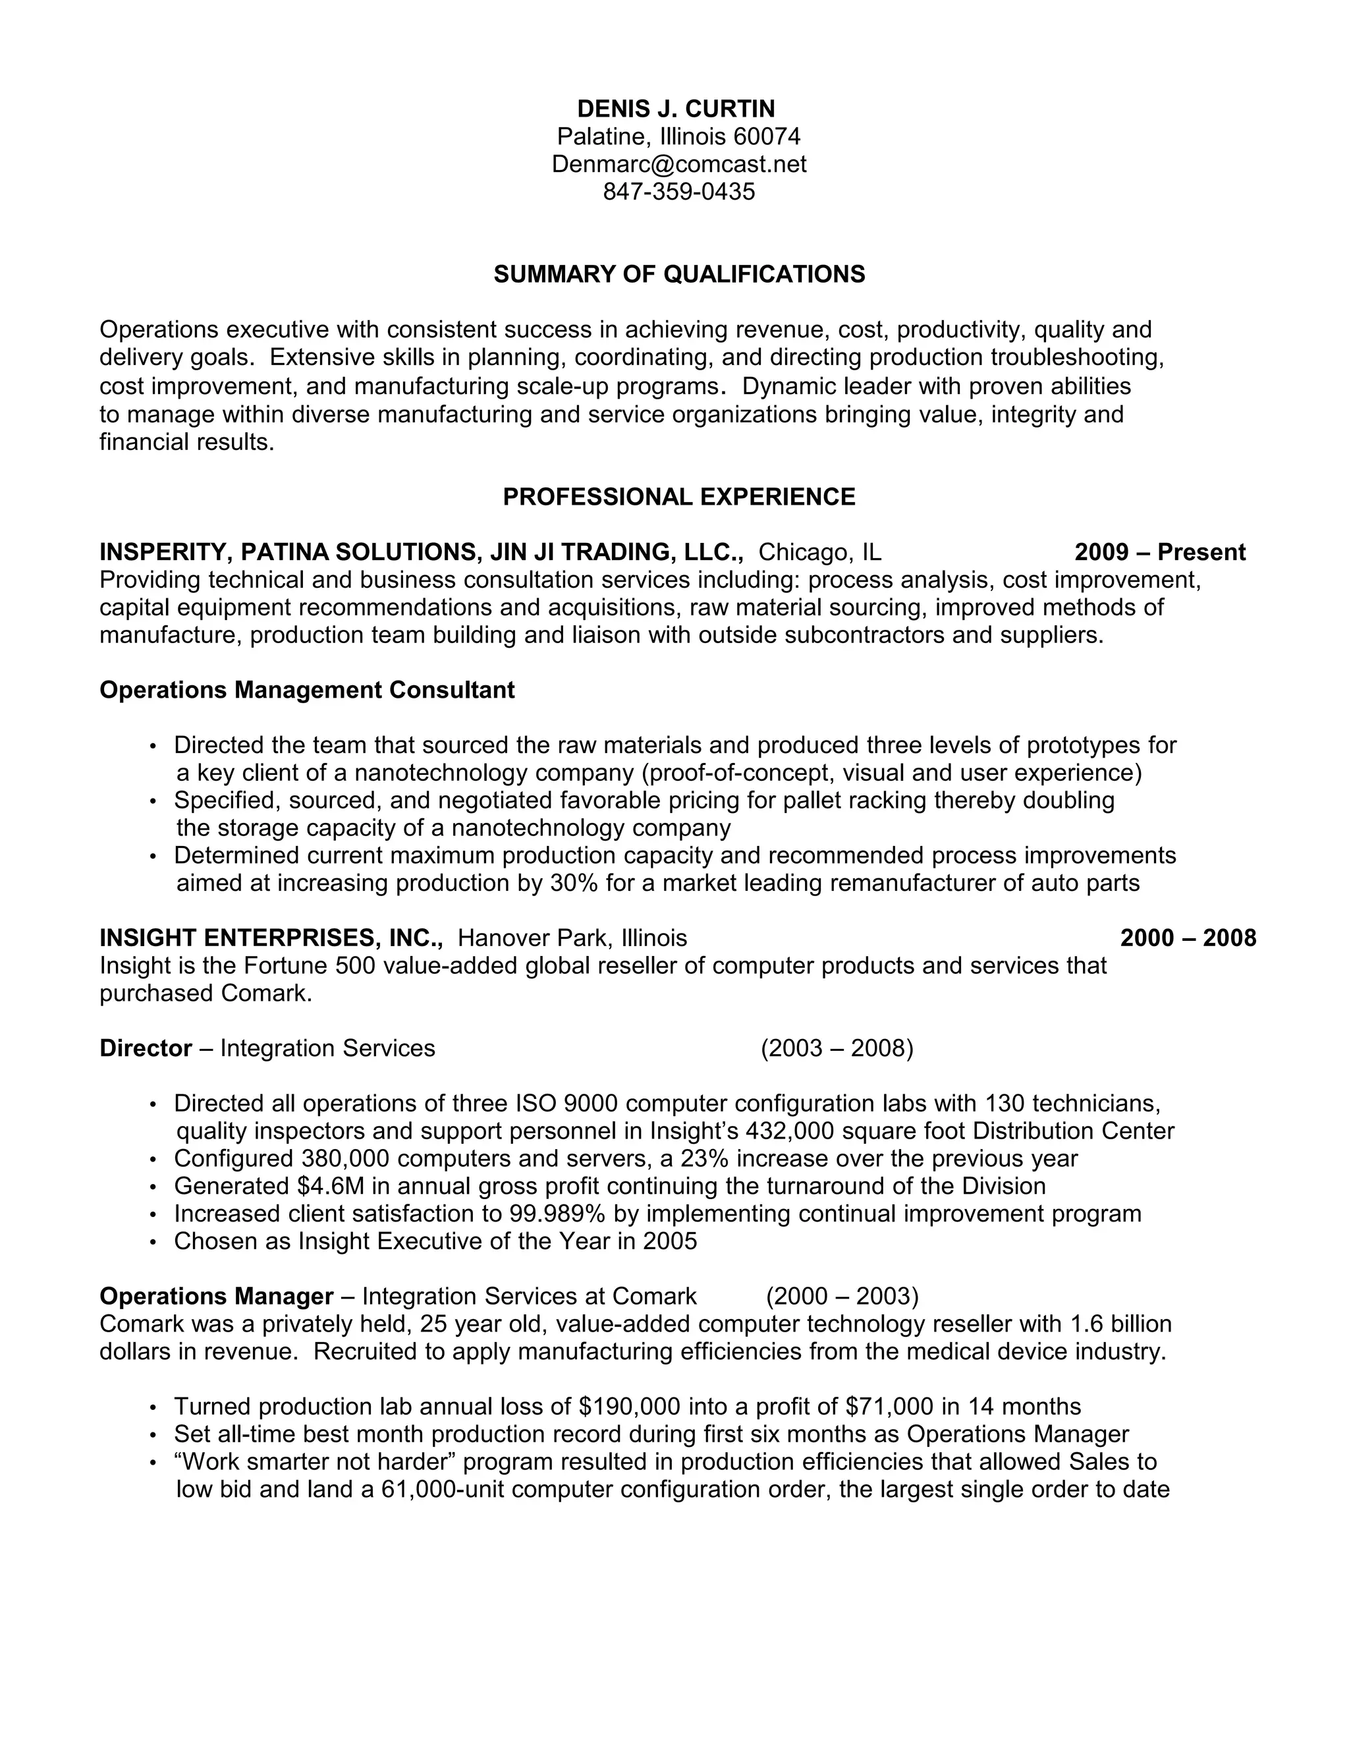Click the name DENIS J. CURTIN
(x=676, y=109)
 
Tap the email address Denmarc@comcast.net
(x=678, y=164)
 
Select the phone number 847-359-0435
(x=678, y=192)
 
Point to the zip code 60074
(x=767, y=136)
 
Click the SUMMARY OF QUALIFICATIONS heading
(x=678, y=274)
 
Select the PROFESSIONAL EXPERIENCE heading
(x=678, y=497)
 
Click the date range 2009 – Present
(x=1159, y=552)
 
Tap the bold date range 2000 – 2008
(x=1188, y=938)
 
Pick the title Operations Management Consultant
(x=307, y=690)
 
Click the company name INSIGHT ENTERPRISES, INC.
(x=271, y=938)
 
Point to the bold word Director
(x=146, y=1048)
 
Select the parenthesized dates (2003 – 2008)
(x=837, y=1048)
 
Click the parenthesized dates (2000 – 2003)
(x=842, y=1296)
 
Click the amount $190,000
(x=629, y=1406)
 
